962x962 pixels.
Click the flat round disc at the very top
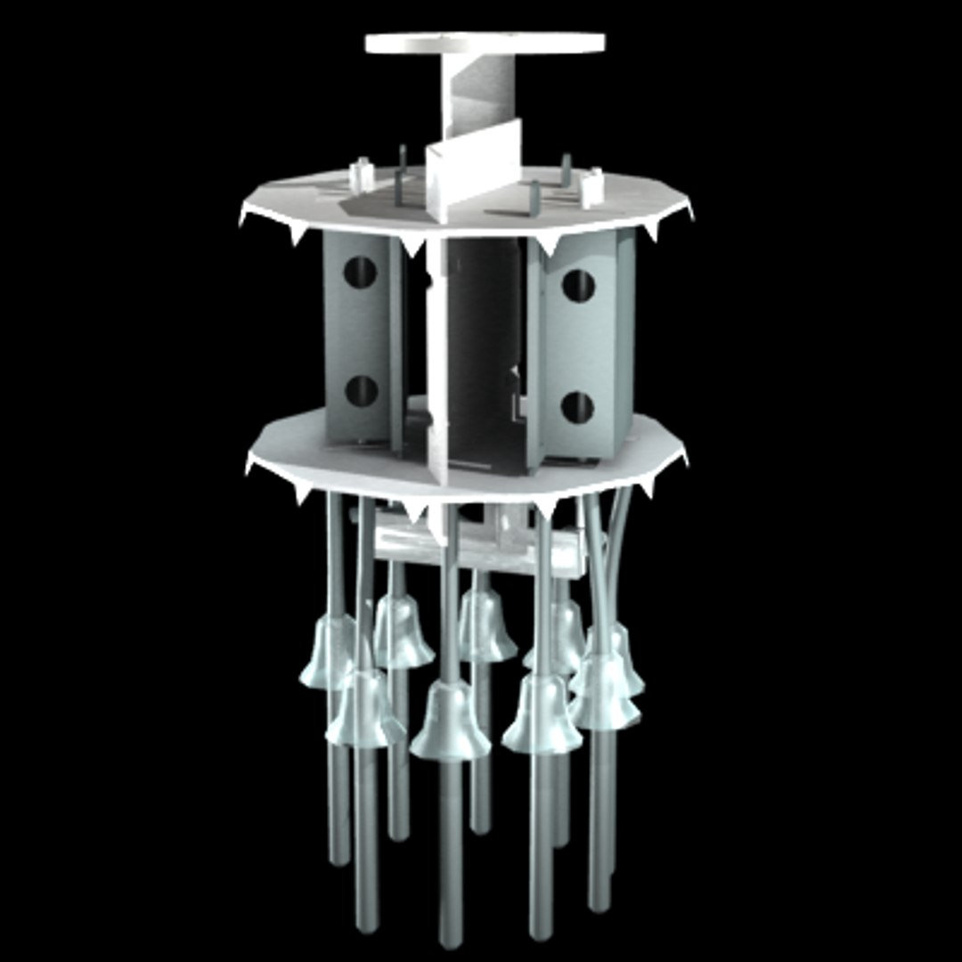point(485,43)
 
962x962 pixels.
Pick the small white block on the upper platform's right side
point(591,186)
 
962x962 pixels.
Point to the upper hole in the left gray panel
point(360,273)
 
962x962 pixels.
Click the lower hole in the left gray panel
point(361,391)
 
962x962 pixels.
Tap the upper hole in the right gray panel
point(578,286)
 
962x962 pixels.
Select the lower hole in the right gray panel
point(577,407)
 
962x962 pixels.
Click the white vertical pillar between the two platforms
point(436,356)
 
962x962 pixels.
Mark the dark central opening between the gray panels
point(481,347)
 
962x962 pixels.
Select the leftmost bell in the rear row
point(400,632)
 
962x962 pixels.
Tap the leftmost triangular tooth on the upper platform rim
point(244,216)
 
